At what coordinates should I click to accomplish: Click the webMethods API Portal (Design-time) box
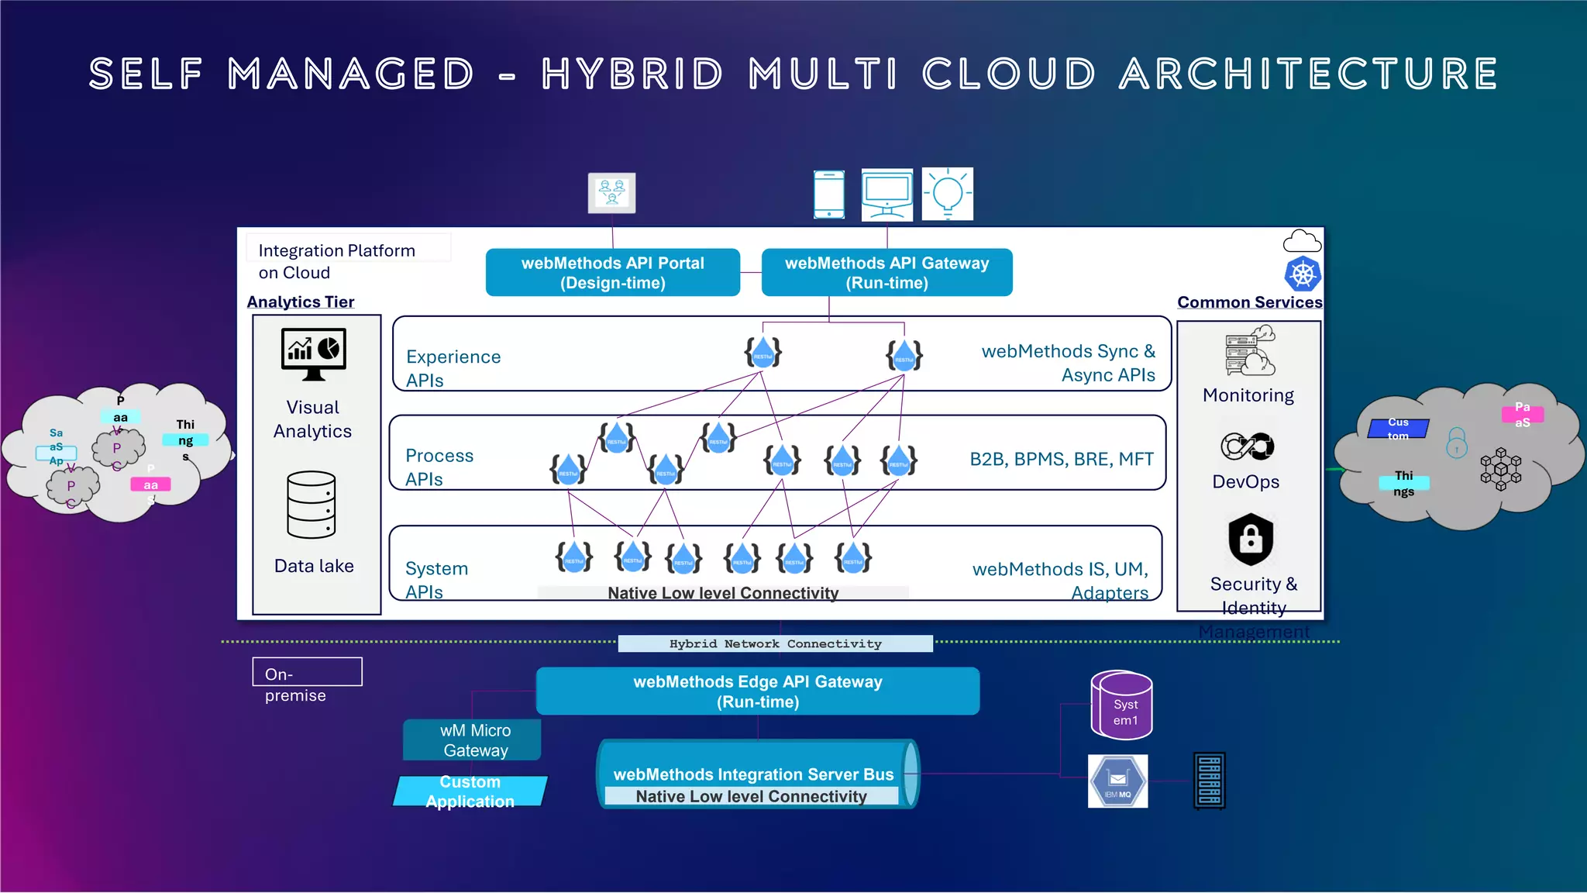tap(612, 272)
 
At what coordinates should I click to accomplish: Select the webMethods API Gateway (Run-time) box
tap(886, 272)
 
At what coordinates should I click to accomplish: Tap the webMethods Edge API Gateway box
tap(757, 691)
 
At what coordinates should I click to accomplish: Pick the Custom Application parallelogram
tap(470, 791)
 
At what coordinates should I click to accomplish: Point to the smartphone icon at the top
tap(828, 195)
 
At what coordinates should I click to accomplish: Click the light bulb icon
tap(947, 194)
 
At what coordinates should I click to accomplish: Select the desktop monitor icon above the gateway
tap(886, 195)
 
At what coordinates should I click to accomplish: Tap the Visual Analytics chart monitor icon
tap(313, 353)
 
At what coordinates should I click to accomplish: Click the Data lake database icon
tap(312, 505)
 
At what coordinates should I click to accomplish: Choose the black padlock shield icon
tap(1250, 539)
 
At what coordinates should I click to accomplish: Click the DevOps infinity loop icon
tap(1247, 446)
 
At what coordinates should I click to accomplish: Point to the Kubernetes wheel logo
tap(1303, 274)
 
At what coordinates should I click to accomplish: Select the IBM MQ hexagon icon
tap(1117, 781)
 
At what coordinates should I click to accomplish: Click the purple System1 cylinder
tap(1121, 705)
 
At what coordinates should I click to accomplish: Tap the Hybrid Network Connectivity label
tap(775, 643)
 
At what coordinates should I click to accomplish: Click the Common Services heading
tap(1249, 302)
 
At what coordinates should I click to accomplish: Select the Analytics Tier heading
tap(300, 302)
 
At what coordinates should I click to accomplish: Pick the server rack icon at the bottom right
tap(1209, 781)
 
